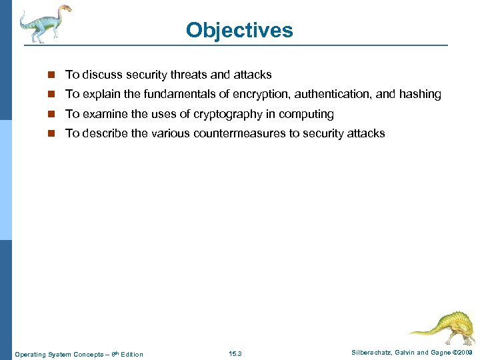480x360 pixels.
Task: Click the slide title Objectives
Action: (239, 31)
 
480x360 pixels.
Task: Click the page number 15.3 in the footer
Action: (235, 353)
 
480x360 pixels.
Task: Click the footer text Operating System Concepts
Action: (53, 354)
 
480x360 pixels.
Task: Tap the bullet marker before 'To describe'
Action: (53, 134)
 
